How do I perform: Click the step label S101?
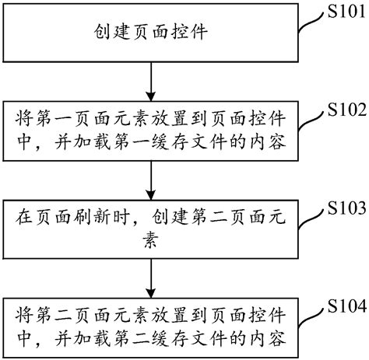pyautogui.click(x=343, y=10)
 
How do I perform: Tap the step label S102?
pyautogui.click(x=343, y=108)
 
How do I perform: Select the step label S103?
pyautogui.click(x=343, y=208)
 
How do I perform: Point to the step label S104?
pyautogui.click(x=343, y=305)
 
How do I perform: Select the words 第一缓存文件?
pyautogui.click(x=167, y=144)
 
